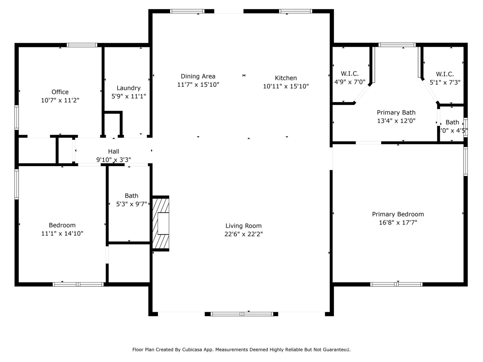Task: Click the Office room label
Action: [x=60, y=92]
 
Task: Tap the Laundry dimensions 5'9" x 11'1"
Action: [x=129, y=96]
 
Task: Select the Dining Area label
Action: [x=198, y=76]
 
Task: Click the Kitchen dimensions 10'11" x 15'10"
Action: [x=286, y=86]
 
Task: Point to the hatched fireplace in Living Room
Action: [x=160, y=223]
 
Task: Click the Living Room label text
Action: [x=243, y=226]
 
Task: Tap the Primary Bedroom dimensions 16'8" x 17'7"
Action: [x=398, y=222]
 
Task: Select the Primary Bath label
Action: [x=396, y=112]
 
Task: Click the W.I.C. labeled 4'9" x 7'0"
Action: [x=350, y=74]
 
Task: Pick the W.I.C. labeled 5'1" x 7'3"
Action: [x=445, y=74]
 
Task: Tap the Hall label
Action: [x=113, y=151]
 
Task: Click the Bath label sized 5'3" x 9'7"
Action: [x=131, y=196]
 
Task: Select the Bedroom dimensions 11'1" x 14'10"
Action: [x=62, y=234]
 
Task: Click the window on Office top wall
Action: [x=82, y=45]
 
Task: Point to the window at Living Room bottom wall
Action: [x=242, y=314]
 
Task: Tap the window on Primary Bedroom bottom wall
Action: [x=396, y=285]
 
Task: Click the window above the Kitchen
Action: [x=295, y=11]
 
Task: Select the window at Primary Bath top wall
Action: [x=397, y=45]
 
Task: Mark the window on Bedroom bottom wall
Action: [x=78, y=285]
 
